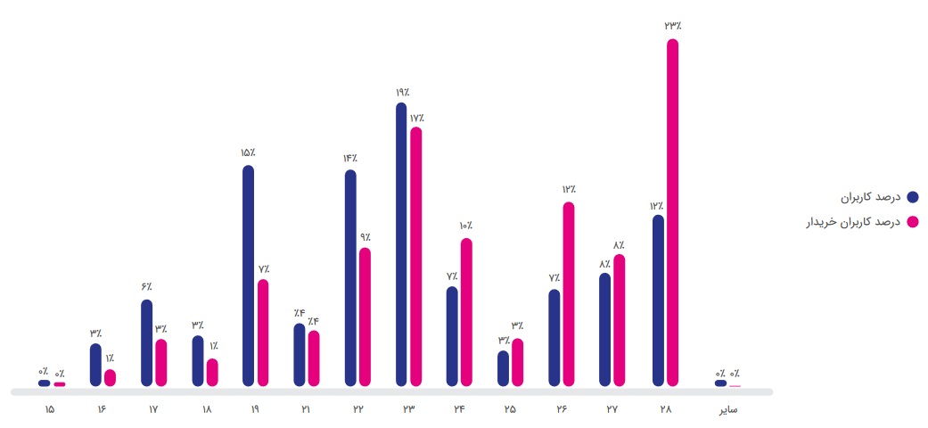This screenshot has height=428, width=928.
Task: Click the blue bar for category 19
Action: click(248, 276)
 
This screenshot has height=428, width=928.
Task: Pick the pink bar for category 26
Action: click(569, 294)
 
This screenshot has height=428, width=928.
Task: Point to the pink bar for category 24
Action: click(466, 312)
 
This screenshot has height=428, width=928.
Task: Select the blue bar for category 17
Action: click(146, 342)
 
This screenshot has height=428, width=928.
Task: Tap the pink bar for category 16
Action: click(110, 377)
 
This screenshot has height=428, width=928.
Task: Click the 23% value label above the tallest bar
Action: click(672, 26)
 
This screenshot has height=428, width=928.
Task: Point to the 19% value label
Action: click(401, 92)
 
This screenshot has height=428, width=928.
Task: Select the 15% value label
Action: click(248, 153)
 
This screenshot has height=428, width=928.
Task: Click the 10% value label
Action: click(466, 226)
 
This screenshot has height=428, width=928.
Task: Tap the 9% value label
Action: click(365, 237)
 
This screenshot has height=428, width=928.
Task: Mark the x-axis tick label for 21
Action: click(307, 410)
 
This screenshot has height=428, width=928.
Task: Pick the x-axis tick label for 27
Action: click(612, 410)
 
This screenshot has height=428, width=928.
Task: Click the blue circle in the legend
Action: click(912, 196)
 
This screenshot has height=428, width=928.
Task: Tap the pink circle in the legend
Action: click(912, 221)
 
